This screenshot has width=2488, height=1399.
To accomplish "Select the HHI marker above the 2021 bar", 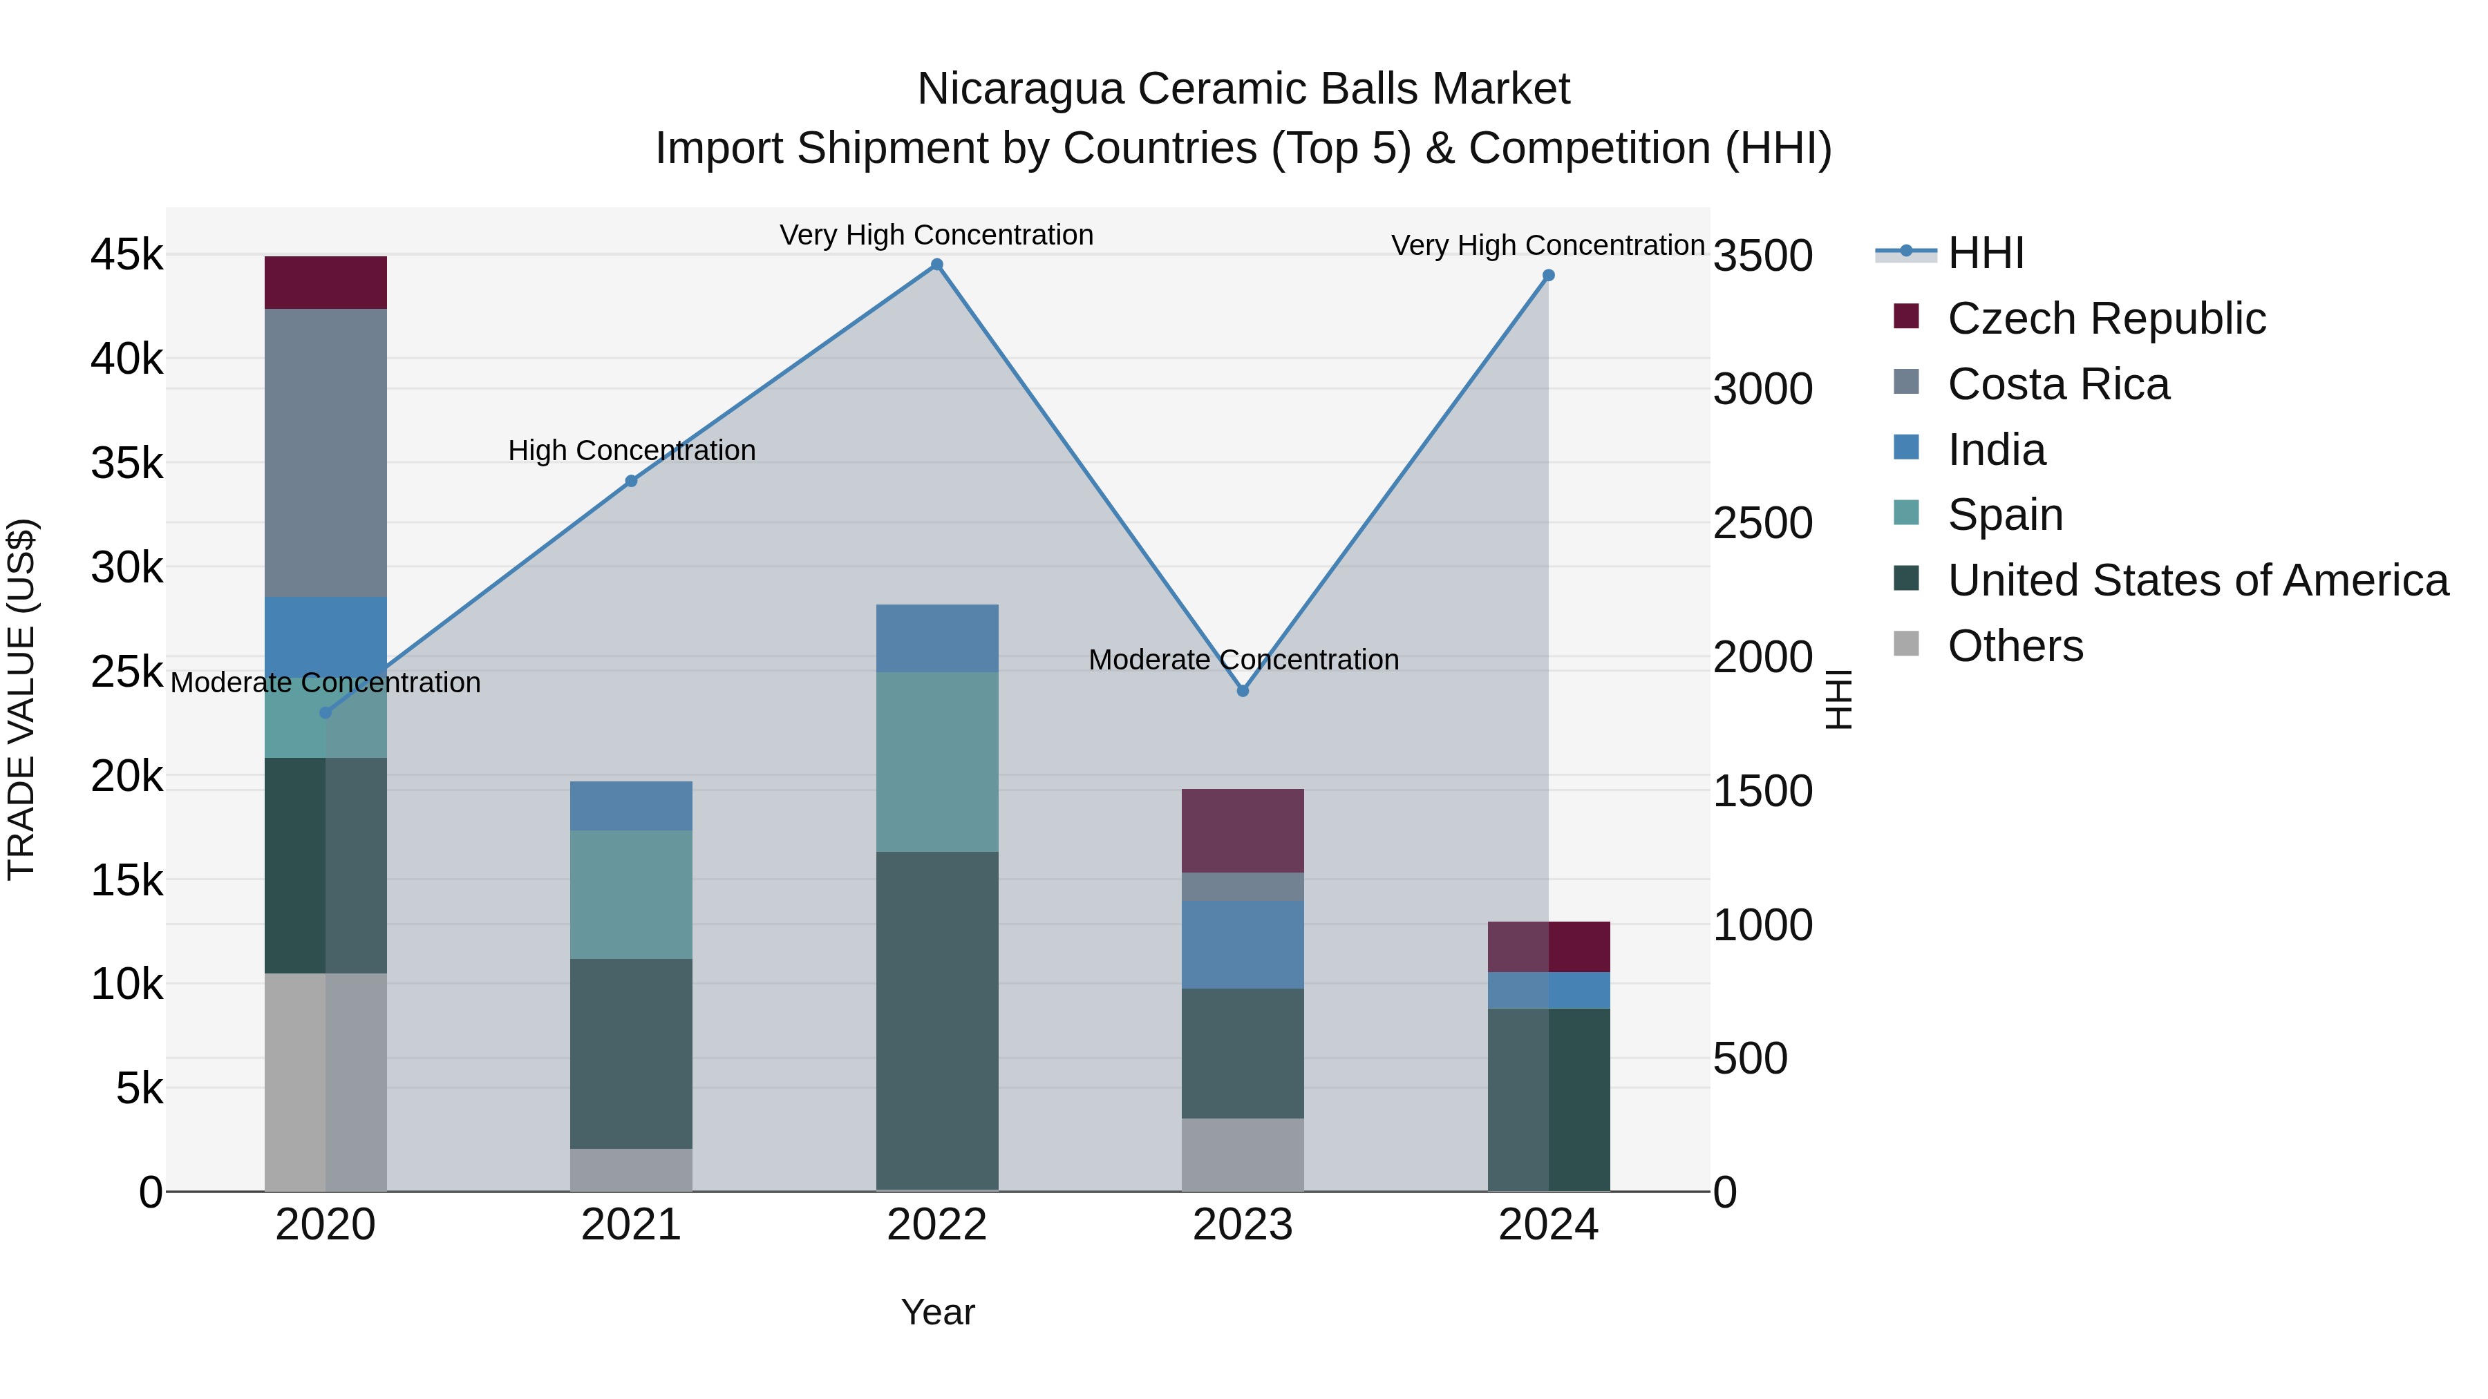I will coord(631,481).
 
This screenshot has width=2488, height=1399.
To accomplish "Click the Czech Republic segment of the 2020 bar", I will coord(326,283).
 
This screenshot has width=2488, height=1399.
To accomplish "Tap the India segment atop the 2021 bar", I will coord(631,806).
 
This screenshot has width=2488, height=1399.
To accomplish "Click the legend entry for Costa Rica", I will coord(2057,384).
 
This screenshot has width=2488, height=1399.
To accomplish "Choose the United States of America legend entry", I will coord(2197,580).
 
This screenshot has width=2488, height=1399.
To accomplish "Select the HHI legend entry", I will coord(1985,253).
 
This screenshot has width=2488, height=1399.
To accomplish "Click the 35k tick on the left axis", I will coord(127,464).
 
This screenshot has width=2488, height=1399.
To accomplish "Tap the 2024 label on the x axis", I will coord(1547,1225).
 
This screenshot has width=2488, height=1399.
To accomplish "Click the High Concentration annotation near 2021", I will coord(632,451).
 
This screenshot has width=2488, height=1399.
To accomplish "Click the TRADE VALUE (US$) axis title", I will coord(21,699).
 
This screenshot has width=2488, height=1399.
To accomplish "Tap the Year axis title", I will coord(937,1312).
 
